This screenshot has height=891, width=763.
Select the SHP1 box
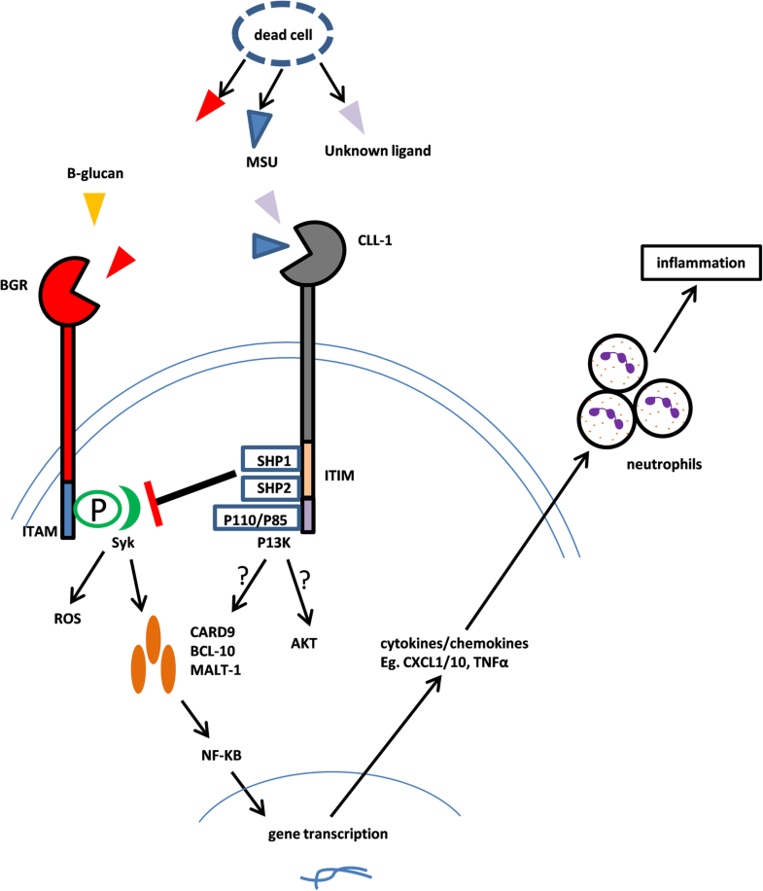click(x=267, y=458)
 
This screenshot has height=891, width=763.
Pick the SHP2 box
click(x=267, y=486)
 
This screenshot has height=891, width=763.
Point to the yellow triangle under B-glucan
click(x=93, y=207)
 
